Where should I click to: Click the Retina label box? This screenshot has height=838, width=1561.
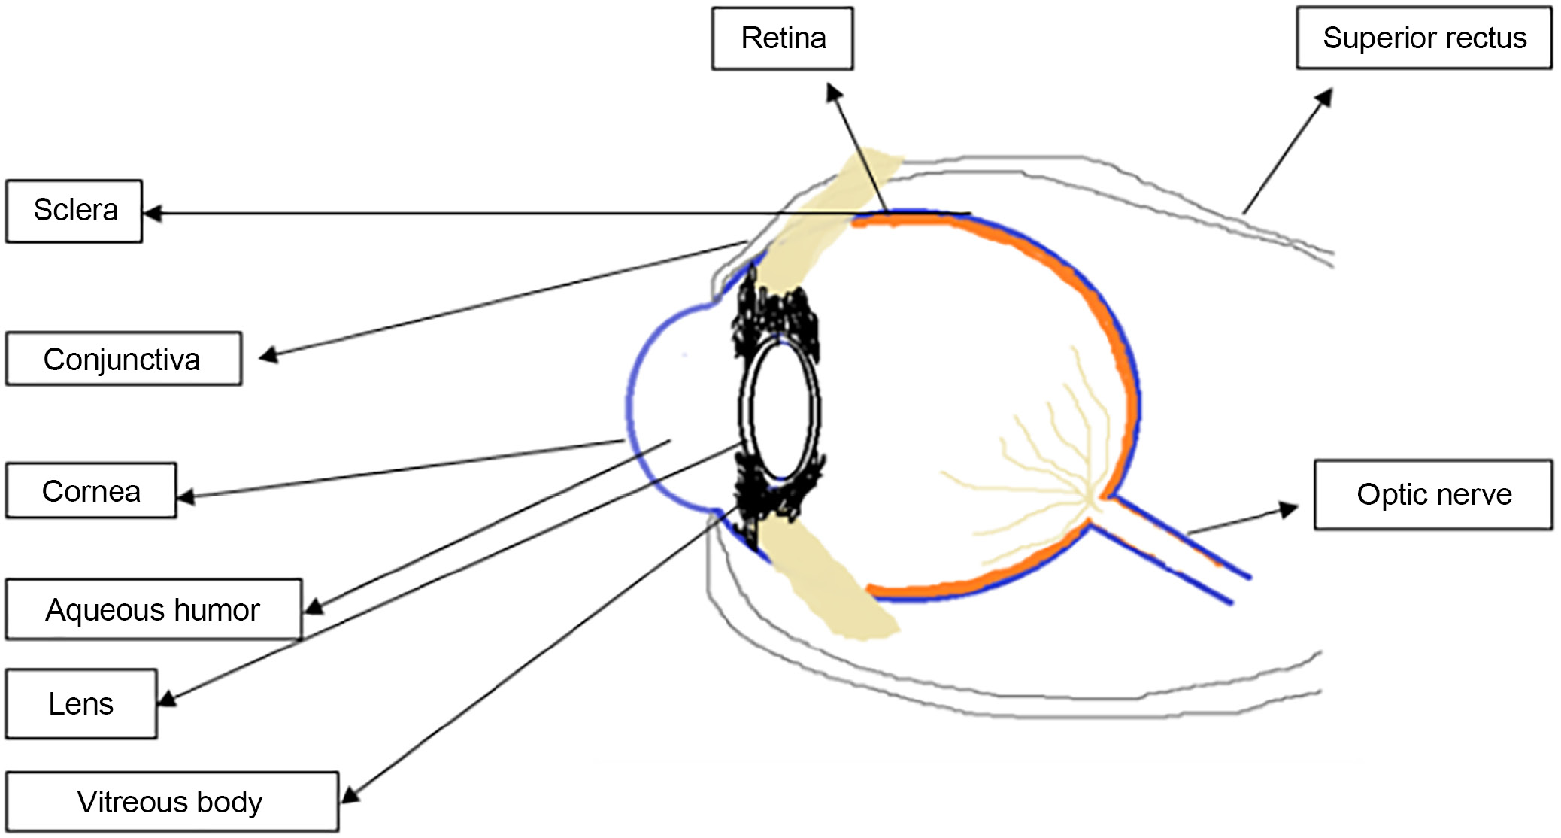click(x=782, y=38)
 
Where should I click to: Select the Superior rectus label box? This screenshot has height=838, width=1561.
click(x=1423, y=38)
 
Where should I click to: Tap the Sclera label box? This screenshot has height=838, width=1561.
click(x=74, y=211)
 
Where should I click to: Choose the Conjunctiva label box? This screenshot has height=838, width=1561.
click(x=123, y=359)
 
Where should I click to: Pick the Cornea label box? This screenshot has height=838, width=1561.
click(x=91, y=491)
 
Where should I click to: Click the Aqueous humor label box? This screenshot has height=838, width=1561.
click(x=153, y=609)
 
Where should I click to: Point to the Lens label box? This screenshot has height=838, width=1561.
click(x=81, y=703)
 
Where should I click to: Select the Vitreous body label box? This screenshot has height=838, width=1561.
click(x=171, y=802)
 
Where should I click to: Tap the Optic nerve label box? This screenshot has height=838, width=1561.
click(x=1433, y=494)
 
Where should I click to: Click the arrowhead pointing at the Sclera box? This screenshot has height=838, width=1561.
click(x=153, y=214)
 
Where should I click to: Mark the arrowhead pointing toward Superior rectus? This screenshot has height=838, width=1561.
click(x=1324, y=98)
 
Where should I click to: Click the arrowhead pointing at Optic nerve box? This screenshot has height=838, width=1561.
click(x=1289, y=509)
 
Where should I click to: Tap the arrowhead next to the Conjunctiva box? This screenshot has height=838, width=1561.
click(x=269, y=355)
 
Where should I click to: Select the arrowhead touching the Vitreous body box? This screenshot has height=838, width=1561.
click(x=350, y=794)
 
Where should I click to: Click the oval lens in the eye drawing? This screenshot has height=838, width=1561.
click(x=780, y=410)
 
